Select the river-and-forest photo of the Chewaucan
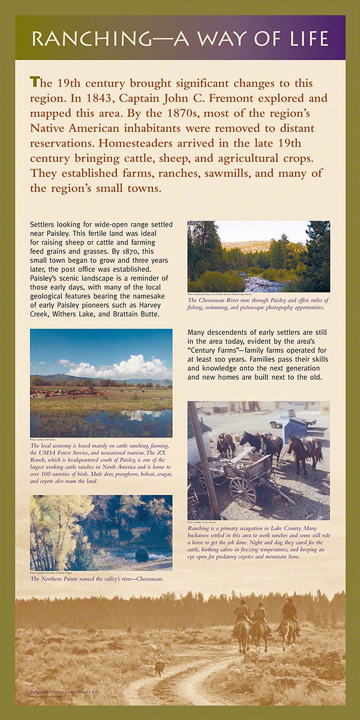(x=258, y=256)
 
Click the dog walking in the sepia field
(x=159, y=667)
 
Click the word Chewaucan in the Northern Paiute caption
(x=148, y=579)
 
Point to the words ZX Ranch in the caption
(x=156, y=453)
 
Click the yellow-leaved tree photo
(x=101, y=533)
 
